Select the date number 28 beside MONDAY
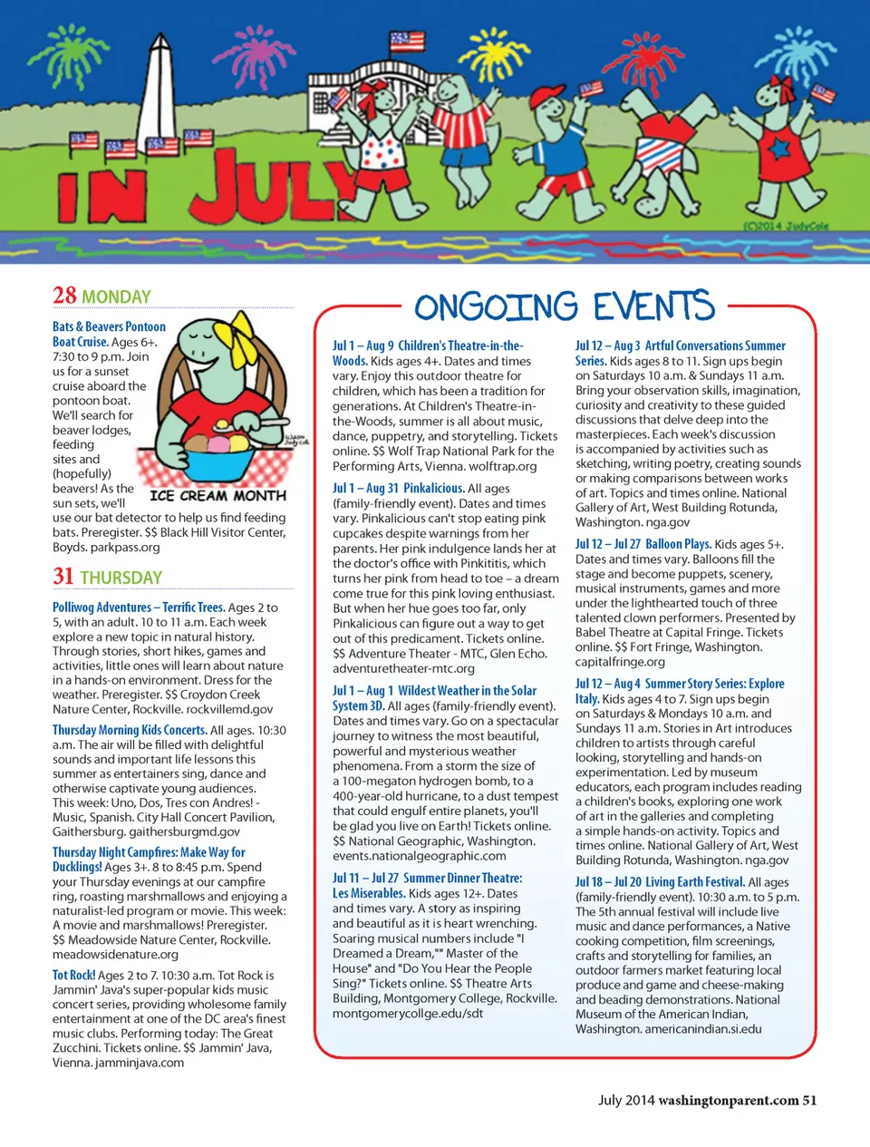pos(64,296)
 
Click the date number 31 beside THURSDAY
pos(63,577)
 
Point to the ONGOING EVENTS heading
pos(565,306)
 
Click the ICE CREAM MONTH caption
pos(217,496)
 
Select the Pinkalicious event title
pos(433,488)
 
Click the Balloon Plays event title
pos(678,544)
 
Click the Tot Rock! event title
pos(73,975)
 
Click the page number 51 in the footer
pos(809,1100)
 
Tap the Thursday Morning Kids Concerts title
pos(130,730)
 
